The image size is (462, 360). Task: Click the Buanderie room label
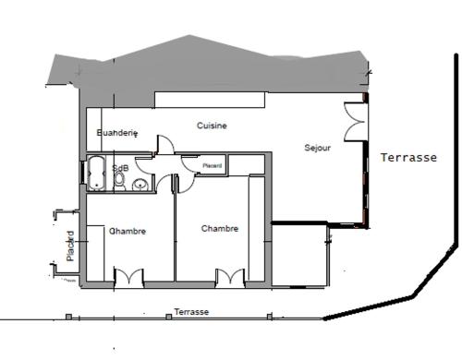click(x=117, y=133)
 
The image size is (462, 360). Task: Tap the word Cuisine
click(x=212, y=126)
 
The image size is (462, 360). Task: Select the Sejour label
click(x=318, y=148)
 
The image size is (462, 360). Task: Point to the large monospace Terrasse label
click(x=408, y=158)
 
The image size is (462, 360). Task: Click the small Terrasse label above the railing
click(x=191, y=312)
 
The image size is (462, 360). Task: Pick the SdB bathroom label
click(x=120, y=168)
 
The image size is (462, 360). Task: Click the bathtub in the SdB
click(x=96, y=173)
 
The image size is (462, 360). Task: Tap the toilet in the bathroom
click(x=119, y=181)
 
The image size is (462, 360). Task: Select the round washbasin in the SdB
click(x=140, y=185)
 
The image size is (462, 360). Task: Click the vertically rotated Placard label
click(x=70, y=246)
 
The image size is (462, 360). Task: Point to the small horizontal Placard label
click(x=213, y=165)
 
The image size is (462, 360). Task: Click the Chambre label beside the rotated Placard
click(x=128, y=231)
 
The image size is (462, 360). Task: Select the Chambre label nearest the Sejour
click(x=220, y=229)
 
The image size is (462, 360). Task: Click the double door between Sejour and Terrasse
click(x=355, y=122)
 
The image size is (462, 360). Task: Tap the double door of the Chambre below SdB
click(x=128, y=278)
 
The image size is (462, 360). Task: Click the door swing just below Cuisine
click(x=165, y=144)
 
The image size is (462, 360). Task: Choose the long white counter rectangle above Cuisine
click(x=210, y=100)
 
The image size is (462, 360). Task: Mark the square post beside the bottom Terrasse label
click(x=168, y=317)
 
